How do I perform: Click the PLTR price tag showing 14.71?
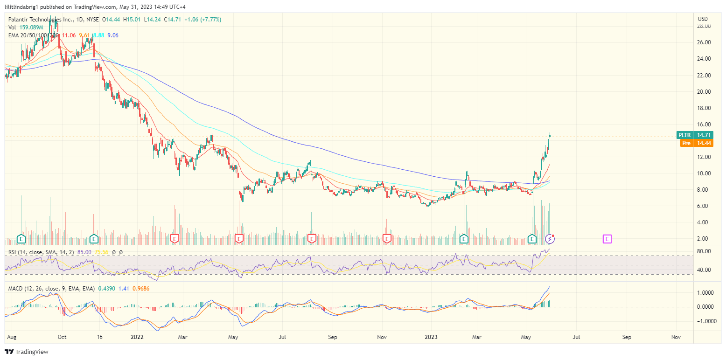pos(696,135)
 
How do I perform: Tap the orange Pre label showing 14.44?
pos(696,143)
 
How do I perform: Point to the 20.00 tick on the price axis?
pos(704,91)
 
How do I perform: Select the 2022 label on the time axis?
pos(137,337)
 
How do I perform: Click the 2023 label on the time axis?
pos(431,337)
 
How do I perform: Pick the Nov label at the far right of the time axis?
pos(676,337)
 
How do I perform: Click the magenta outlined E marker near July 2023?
pos(607,239)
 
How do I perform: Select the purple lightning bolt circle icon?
pos(550,239)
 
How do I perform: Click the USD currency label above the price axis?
pos(703,19)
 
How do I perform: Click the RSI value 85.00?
pos(84,252)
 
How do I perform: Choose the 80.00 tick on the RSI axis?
pos(704,251)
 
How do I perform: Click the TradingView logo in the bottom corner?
pos(27,352)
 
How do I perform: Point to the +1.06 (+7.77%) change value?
pos(202,20)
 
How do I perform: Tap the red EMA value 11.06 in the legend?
pos(69,35)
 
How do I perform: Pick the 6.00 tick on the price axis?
pos(704,206)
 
